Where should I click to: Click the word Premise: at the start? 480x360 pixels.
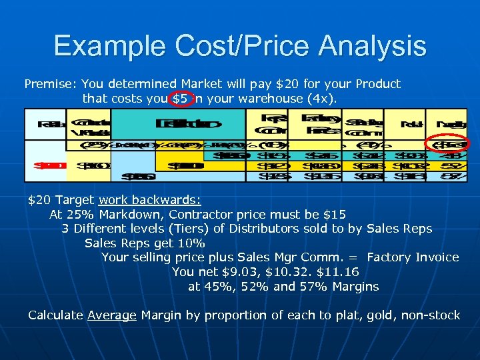[x=51, y=84]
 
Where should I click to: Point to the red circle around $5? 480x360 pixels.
[x=181, y=99]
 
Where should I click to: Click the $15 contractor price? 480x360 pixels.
[x=333, y=215]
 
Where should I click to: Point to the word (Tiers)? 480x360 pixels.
[x=189, y=229]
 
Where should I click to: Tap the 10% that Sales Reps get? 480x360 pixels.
[x=192, y=243]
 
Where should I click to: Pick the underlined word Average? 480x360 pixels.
[x=111, y=315]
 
